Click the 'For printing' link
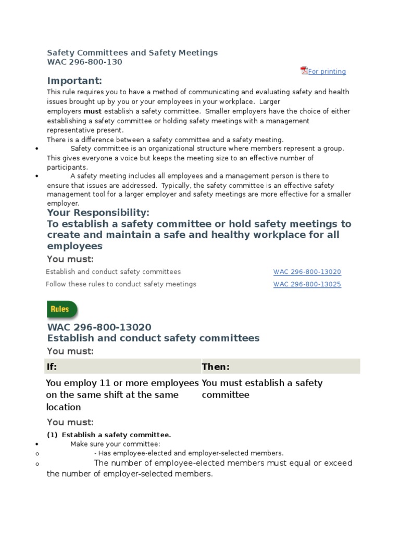point(327,72)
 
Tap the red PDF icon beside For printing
point(304,71)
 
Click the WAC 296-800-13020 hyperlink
point(307,272)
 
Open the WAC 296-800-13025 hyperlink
point(307,284)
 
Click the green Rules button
point(62,309)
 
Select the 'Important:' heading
point(74,81)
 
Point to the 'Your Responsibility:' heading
point(98,213)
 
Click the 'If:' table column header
point(52,367)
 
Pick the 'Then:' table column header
point(216,367)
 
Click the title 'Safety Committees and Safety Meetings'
point(132,53)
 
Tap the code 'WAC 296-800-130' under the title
point(84,62)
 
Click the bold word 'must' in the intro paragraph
point(93,111)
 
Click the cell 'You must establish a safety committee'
point(262,389)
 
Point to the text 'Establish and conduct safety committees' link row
point(113,272)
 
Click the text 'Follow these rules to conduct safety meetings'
point(121,284)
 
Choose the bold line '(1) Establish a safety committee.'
point(109,435)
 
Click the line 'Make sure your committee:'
point(115,444)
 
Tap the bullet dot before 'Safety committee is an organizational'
point(36,149)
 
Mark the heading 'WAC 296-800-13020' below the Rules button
point(99,327)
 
